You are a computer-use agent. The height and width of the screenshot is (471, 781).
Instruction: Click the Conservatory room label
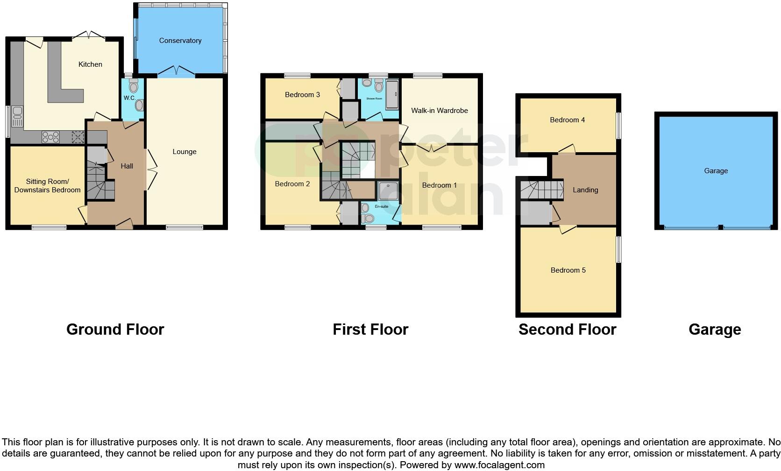click(x=180, y=41)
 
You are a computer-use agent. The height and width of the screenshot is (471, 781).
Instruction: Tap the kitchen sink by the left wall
click(x=17, y=117)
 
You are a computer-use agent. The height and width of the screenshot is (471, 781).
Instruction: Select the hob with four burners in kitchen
click(x=50, y=137)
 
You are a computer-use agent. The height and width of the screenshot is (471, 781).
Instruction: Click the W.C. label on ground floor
click(x=129, y=98)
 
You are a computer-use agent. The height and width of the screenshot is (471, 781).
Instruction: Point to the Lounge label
click(x=184, y=152)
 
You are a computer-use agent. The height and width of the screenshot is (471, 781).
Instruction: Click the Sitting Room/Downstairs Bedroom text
click(x=47, y=186)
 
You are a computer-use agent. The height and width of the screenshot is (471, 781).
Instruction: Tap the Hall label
click(x=127, y=166)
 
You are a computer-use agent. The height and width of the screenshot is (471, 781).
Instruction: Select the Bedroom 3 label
click(x=302, y=95)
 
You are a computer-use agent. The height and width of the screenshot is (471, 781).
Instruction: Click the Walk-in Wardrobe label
click(x=439, y=111)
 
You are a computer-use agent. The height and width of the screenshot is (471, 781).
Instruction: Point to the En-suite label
click(x=381, y=206)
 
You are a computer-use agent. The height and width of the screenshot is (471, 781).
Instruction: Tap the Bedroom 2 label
click(x=292, y=184)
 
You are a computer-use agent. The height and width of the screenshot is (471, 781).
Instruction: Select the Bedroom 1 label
click(x=439, y=185)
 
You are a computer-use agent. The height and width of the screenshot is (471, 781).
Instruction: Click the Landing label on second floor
click(x=585, y=190)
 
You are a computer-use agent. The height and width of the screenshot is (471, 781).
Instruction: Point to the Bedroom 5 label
click(x=568, y=270)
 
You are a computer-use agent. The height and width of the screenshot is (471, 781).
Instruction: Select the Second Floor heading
click(x=567, y=330)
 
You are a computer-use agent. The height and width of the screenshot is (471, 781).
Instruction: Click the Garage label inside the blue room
click(x=716, y=171)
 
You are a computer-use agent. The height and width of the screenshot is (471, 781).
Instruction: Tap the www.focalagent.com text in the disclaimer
click(x=499, y=465)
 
